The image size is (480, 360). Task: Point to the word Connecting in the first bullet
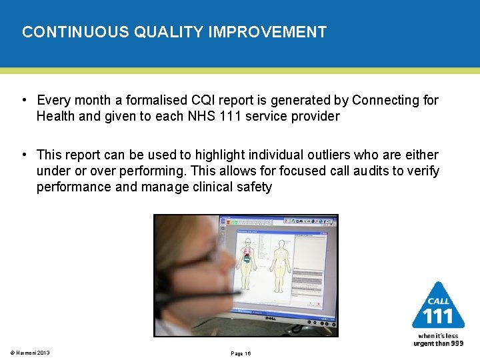(383, 101)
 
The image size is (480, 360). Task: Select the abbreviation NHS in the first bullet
(183, 117)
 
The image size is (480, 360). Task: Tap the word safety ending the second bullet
(252, 187)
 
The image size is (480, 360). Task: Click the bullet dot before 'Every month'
(23, 101)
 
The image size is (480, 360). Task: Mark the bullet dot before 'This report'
(23, 155)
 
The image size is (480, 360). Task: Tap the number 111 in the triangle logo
(438, 315)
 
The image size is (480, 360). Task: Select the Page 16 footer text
(240, 353)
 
